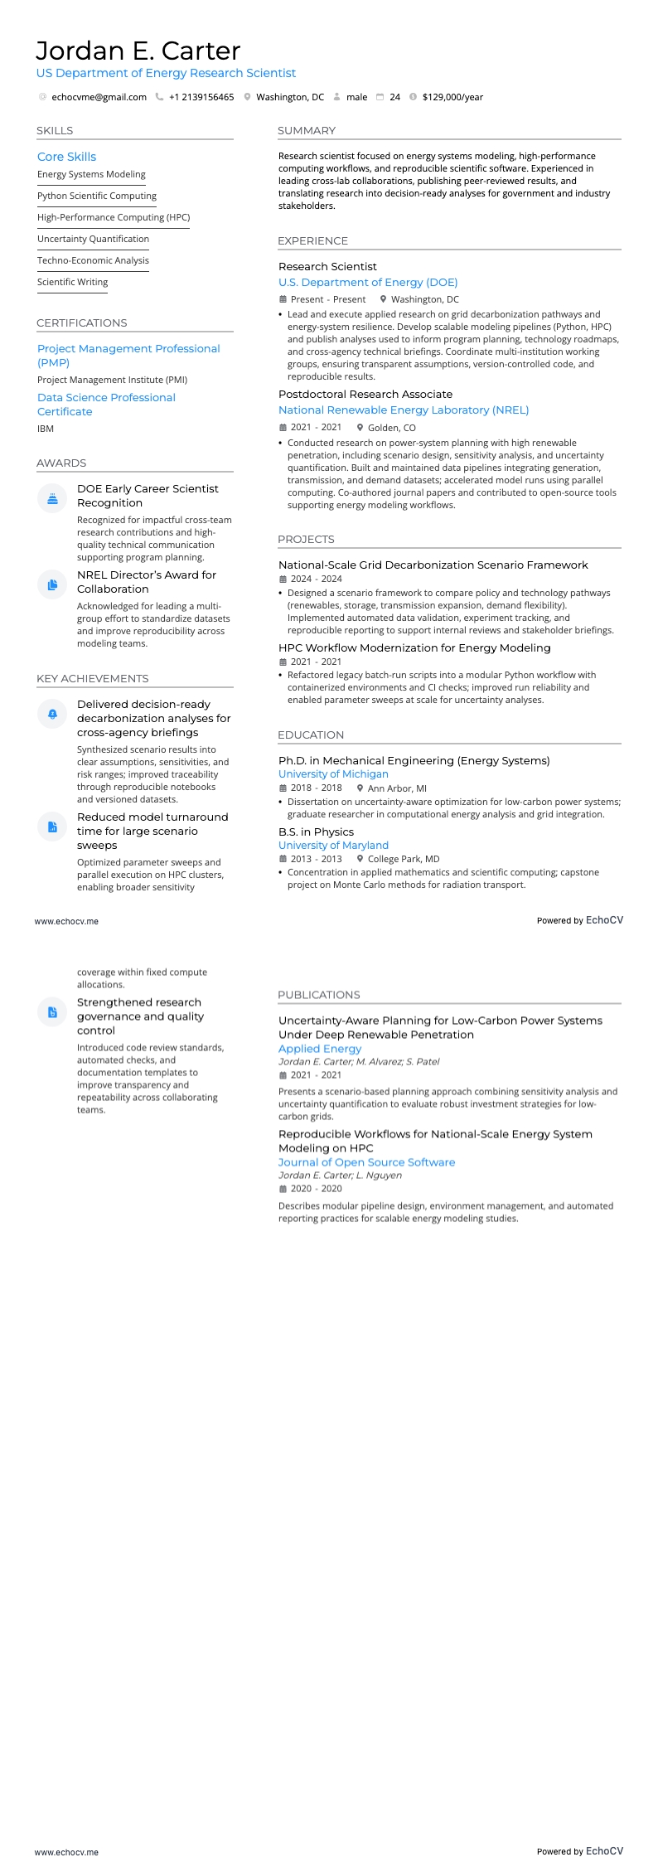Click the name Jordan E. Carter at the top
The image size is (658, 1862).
(x=138, y=51)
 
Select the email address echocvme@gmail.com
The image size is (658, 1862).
(x=99, y=97)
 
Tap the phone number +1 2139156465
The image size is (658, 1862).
(x=201, y=97)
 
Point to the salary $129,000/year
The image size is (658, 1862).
(x=452, y=97)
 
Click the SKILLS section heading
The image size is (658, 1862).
(x=55, y=131)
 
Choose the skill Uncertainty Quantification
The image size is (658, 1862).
(x=93, y=239)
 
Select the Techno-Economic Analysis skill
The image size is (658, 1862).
(x=93, y=260)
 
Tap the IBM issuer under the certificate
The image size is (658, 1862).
(x=46, y=429)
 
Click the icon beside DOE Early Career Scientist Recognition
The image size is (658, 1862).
(x=52, y=498)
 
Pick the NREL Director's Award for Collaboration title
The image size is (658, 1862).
(x=147, y=582)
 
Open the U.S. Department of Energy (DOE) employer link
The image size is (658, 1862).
(x=368, y=283)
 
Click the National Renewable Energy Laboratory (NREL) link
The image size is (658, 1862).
(x=404, y=410)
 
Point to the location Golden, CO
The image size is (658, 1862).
(x=391, y=428)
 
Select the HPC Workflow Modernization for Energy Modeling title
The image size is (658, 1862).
(x=414, y=648)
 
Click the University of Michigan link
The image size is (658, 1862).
(x=333, y=774)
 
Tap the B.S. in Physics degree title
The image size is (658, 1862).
(x=316, y=832)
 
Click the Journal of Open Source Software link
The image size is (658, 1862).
(x=366, y=1162)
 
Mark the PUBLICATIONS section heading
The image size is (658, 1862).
(x=319, y=995)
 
